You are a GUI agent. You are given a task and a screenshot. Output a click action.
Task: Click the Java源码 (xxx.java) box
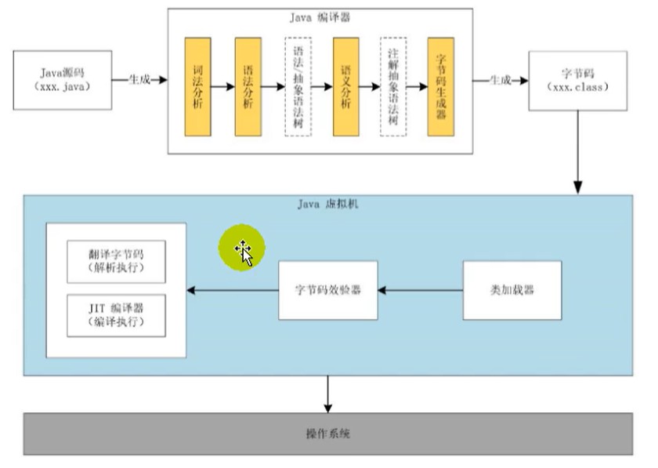point(63,80)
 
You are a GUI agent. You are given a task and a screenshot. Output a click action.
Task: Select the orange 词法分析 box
point(197,86)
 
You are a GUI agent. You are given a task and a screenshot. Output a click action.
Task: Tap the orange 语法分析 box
point(248,86)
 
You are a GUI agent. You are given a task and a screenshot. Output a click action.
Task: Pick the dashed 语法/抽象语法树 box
point(298,86)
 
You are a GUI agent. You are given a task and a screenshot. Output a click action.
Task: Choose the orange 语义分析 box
point(345,86)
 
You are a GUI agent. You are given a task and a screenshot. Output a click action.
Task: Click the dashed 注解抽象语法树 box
point(393,86)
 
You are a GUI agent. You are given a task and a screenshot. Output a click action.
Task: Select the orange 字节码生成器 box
point(440,86)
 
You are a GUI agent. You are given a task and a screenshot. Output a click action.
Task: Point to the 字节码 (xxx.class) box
point(578,81)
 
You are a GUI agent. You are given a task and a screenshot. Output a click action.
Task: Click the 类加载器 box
point(512,290)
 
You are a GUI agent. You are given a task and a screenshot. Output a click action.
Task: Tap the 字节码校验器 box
point(327,290)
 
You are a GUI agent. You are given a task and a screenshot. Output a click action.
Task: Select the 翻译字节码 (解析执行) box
point(116,261)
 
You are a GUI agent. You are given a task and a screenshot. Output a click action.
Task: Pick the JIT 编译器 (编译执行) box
point(116,315)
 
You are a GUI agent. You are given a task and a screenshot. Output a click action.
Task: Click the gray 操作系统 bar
point(327,434)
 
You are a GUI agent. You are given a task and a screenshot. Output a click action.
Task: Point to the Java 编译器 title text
point(320,18)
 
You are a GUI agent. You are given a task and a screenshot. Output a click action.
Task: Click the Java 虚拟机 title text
point(327,204)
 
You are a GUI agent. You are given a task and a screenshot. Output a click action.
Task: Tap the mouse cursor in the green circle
point(244,253)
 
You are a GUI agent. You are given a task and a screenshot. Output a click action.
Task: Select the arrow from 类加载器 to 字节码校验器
point(420,290)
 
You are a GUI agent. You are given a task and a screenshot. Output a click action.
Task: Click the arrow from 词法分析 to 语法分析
point(222,86)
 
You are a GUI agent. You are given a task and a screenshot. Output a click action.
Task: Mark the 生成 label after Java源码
point(139,79)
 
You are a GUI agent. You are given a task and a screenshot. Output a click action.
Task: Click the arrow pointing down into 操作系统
point(327,394)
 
